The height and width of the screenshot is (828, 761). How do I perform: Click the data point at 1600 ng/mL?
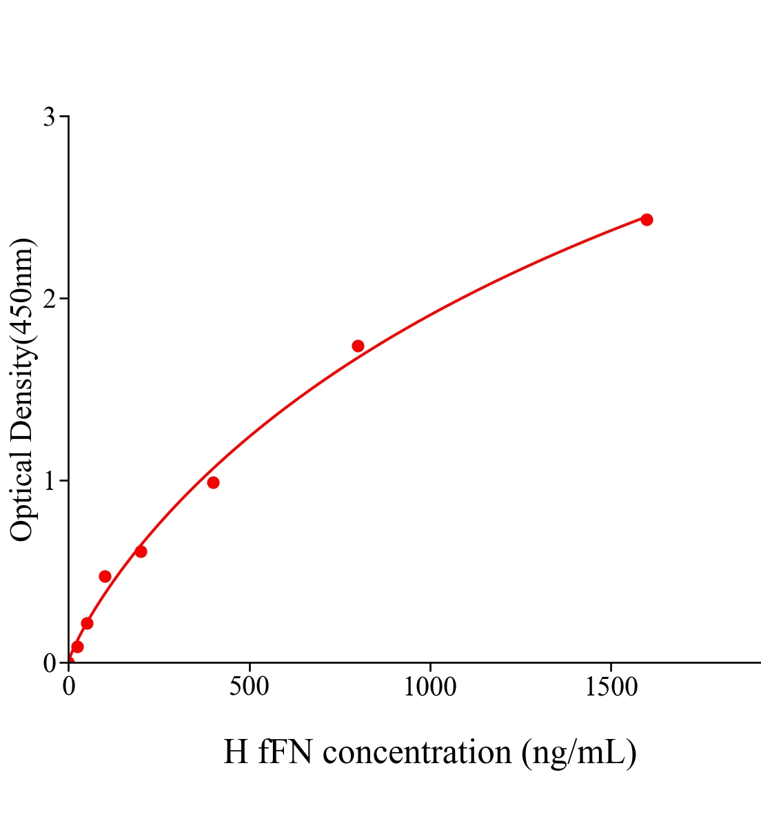pyautogui.click(x=647, y=219)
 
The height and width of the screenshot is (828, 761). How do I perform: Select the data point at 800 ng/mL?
pyautogui.click(x=358, y=346)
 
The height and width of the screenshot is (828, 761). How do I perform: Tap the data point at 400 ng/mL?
pyautogui.click(x=213, y=482)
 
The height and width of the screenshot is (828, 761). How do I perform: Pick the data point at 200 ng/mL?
pyautogui.click(x=141, y=551)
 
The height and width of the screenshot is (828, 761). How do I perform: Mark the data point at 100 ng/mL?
pyautogui.click(x=105, y=576)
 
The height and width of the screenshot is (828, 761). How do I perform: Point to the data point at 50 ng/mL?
pyautogui.click(x=87, y=623)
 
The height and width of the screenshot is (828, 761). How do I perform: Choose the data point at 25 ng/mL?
pyautogui.click(x=77, y=647)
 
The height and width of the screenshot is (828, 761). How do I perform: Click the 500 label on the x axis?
pyautogui.click(x=249, y=687)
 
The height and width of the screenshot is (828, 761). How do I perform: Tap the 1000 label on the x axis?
pyautogui.click(x=430, y=687)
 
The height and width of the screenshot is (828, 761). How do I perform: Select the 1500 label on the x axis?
pyautogui.click(x=611, y=687)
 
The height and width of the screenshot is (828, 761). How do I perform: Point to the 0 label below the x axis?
pyautogui.click(x=68, y=687)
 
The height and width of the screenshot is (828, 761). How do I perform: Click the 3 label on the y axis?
pyautogui.click(x=49, y=117)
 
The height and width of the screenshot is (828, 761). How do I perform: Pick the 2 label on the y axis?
pyautogui.click(x=49, y=299)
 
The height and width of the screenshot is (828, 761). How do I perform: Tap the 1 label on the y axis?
pyautogui.click(x=49, y=481)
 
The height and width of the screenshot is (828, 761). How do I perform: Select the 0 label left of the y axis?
pyautogui.click(x=49, y=663)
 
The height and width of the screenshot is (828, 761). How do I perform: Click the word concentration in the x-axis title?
pyautogui.click(x=417, y=751)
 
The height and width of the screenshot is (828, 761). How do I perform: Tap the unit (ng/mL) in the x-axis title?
pyautogui.click(x=579, y=752)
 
